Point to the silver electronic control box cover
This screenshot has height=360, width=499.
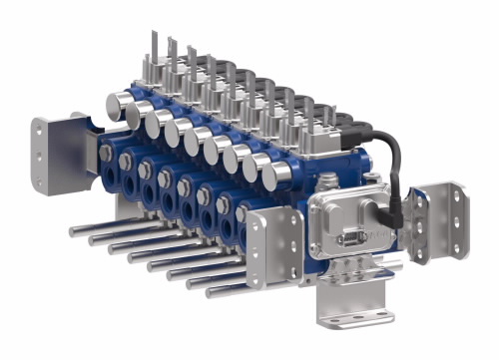click(x=349, y=224)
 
